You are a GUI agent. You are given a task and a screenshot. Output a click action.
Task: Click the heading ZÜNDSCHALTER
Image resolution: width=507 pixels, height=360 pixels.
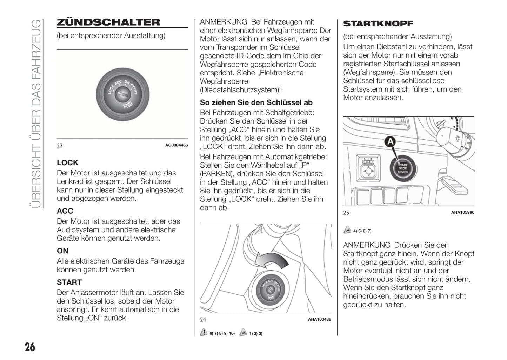point(108,22)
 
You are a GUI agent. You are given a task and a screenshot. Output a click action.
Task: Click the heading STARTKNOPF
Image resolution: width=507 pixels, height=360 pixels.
point(378,24)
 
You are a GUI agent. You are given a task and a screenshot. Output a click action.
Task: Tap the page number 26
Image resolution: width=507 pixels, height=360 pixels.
point(30,347)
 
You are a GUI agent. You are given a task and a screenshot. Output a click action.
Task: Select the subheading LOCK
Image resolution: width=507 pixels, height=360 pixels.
point(67,163)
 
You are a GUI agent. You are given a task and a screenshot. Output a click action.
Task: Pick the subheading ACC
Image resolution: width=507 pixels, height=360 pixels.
point(65,211)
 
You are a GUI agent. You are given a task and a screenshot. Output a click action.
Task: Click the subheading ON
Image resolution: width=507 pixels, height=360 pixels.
point(62,251)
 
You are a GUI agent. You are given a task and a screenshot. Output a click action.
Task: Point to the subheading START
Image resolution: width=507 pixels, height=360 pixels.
point(69,282)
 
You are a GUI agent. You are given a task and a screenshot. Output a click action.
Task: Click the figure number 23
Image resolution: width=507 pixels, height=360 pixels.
point(60,145)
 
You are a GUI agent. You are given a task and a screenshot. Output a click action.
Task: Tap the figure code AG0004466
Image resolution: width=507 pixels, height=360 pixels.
point(176,145)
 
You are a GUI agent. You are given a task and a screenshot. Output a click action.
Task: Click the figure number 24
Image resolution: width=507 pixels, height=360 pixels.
point(203,319)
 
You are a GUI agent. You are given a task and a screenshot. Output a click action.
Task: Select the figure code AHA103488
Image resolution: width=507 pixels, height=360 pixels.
point(319,319)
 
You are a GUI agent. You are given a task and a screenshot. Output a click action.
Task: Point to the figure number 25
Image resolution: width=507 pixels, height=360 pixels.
point(346,212)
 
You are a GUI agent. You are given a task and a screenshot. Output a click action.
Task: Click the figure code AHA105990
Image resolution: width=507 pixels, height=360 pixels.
point(462,212)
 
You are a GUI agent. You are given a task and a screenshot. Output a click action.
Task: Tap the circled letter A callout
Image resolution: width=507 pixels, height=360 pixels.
point(390,142)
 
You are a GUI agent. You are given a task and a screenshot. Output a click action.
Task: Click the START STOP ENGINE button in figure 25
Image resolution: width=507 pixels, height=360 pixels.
point(402,168)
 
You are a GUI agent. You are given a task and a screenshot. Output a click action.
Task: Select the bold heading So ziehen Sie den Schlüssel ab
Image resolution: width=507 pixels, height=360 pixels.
point(256,102)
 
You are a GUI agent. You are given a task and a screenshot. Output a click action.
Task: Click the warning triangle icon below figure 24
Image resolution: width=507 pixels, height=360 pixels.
point(204,333)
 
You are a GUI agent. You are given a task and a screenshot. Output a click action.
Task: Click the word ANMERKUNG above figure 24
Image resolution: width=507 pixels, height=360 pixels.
point(224,22)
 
